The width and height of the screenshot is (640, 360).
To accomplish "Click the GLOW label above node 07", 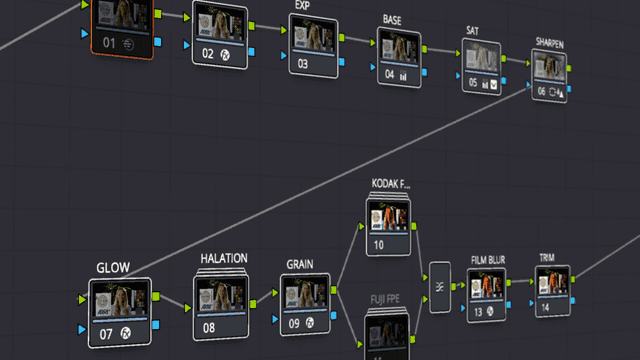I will [x=113, y=268].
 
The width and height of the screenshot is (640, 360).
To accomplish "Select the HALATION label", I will [x=223, y=259].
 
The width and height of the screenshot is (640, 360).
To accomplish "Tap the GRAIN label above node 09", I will [x=300, y=264].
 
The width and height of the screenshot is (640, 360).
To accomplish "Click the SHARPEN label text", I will [x=550, y=44].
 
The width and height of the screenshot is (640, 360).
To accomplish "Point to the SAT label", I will [x=472, y=31].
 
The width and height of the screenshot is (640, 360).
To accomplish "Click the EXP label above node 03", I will [x=303, y=5].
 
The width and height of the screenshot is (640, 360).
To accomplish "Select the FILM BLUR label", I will [x=488, y=260].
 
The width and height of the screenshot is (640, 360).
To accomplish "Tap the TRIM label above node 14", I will [x=548, y=257].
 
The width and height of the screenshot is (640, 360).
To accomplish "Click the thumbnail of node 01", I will [x=122, y=15].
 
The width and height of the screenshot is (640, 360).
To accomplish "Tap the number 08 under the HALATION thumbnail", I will [x=209, y=326].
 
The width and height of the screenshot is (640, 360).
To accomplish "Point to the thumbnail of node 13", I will [x=488, y=287].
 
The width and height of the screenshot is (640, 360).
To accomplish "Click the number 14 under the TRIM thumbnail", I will [x=544, y=308].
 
